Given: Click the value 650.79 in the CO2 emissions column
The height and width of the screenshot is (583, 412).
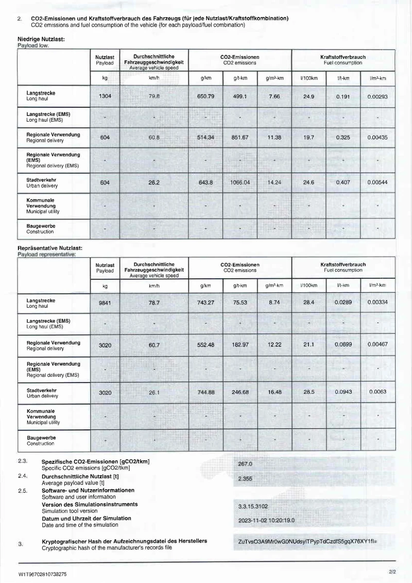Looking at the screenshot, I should (x=205, y=96).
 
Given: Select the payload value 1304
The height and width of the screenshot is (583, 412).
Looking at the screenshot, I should (x=105, y=96).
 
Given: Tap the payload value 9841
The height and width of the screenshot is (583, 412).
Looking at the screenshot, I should (x=105, y=303).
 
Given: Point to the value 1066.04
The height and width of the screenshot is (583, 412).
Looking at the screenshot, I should (x=241, y=182).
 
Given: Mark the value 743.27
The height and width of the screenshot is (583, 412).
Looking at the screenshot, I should (x=205, y=303).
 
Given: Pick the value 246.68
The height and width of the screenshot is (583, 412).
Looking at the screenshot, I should (x=240, y=392).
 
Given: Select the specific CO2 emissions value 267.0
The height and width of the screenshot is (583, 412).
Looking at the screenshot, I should (x=245, y=463).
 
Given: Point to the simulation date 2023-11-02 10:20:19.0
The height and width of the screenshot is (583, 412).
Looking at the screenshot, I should (x=266, y=520).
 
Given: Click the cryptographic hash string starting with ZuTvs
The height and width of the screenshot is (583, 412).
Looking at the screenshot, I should (x=308, y=542).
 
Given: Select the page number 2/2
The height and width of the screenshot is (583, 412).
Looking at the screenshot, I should (x=392, y=571).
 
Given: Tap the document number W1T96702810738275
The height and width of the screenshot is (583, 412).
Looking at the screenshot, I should (x=42, y=573).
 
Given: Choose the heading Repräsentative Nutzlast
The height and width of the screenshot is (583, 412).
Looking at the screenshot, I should (x=50, y=248).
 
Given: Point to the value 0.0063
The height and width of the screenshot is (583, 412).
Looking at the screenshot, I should (x=377, y=392).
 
